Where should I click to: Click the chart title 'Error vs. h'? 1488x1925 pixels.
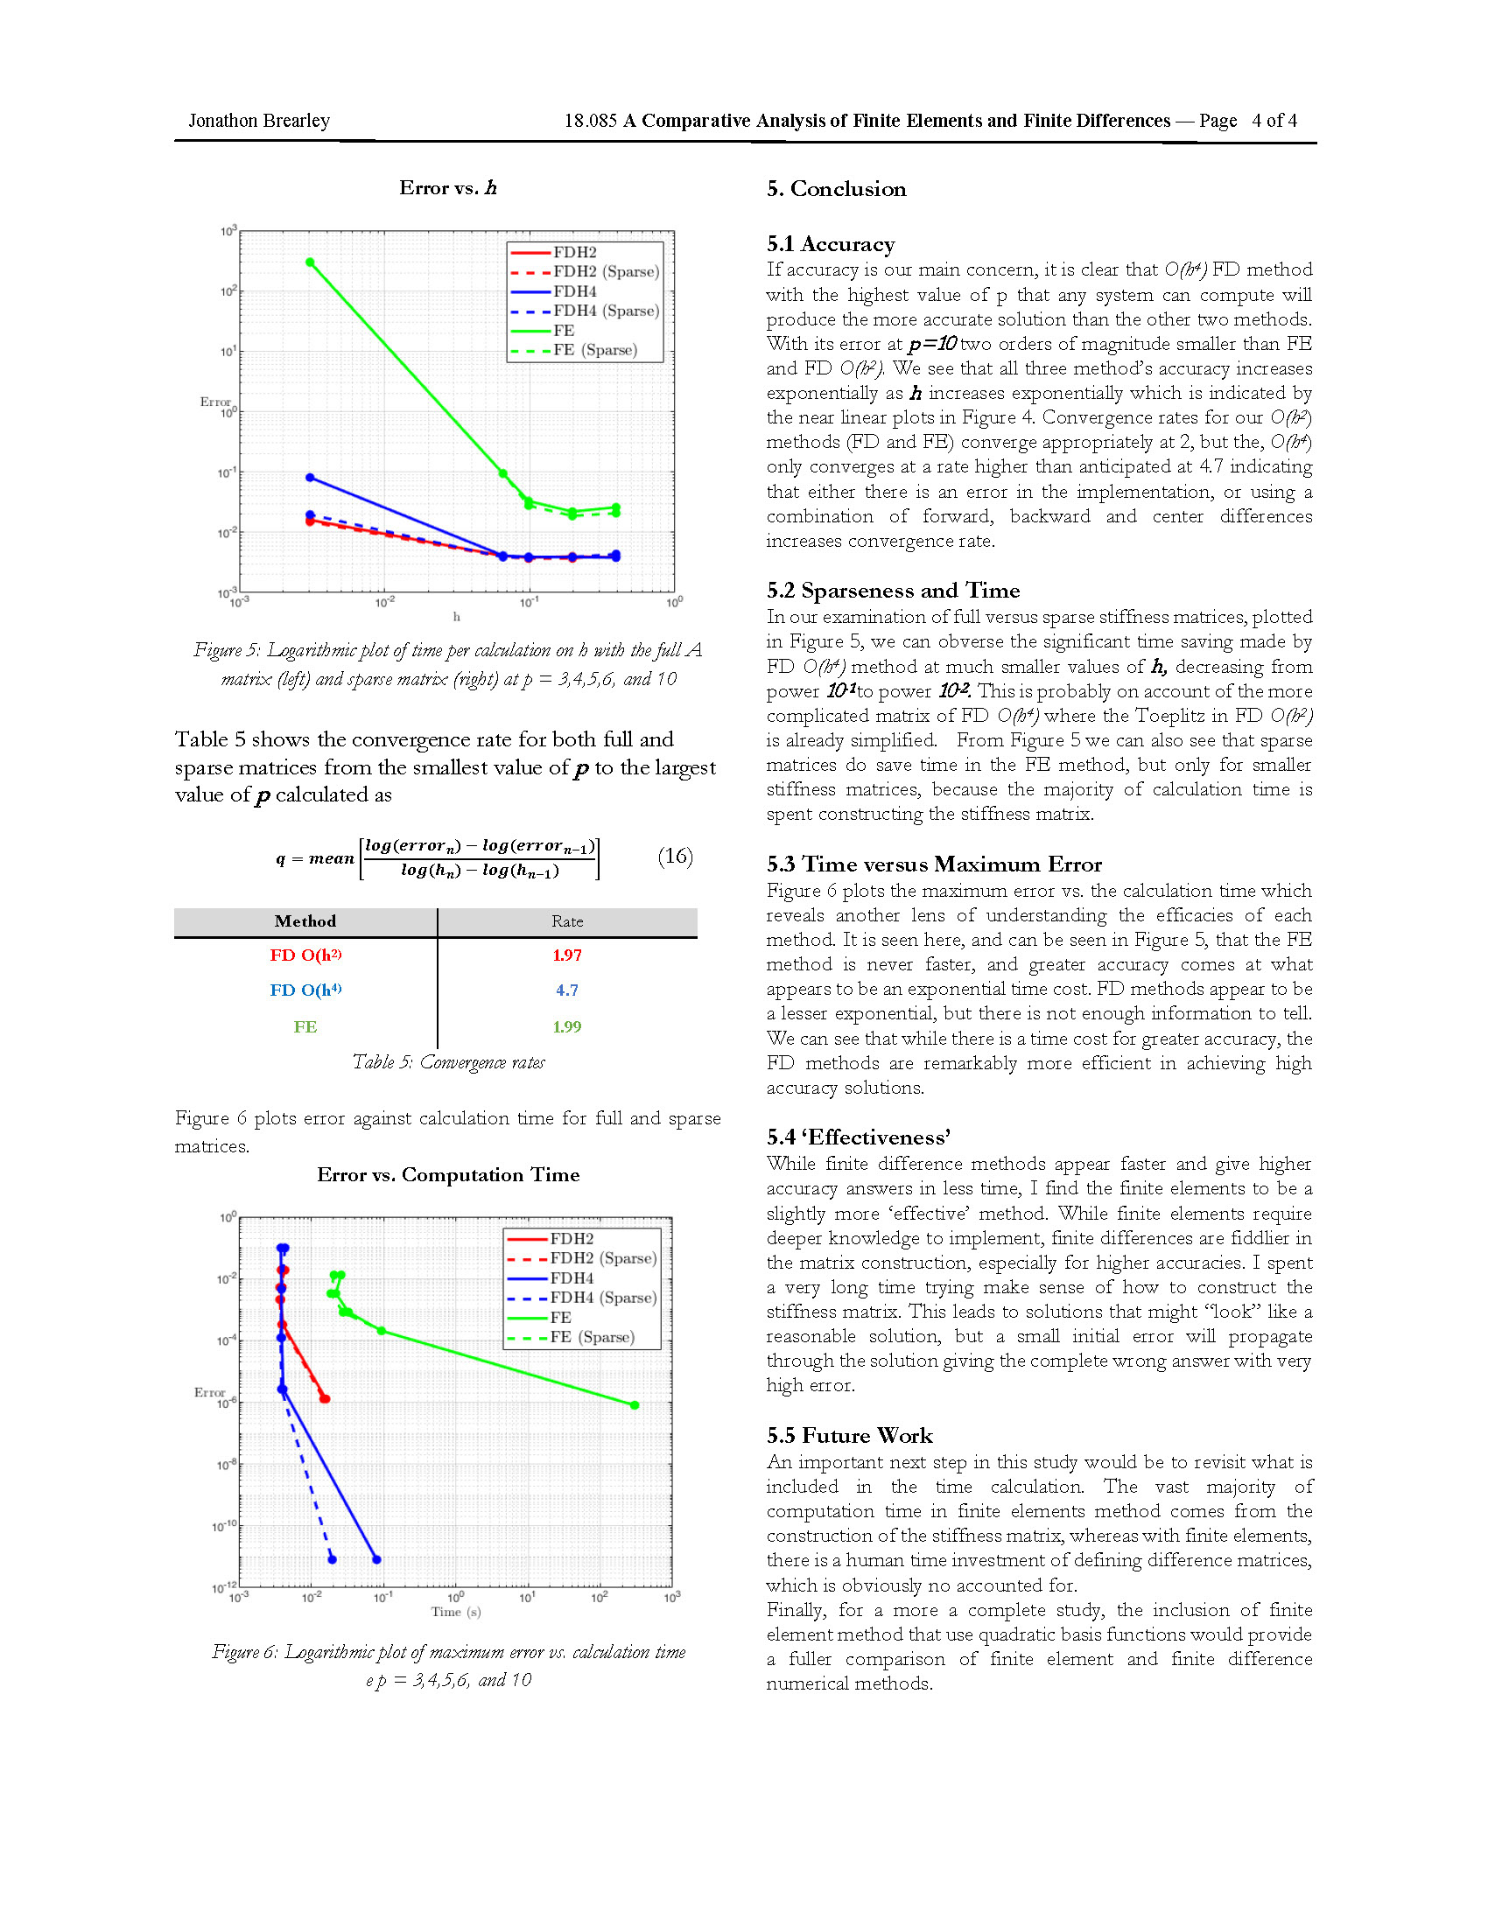[448, 188]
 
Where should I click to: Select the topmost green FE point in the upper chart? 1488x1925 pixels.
[309, 262]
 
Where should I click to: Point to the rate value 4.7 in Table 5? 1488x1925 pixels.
[567, 990]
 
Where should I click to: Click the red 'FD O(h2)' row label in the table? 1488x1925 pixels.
[305, 955]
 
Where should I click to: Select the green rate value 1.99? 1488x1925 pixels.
[567, 1026]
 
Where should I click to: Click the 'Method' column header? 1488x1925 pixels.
[305, 921]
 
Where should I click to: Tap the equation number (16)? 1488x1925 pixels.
[675, 856]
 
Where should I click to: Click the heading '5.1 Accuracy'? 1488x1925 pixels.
[831, 244]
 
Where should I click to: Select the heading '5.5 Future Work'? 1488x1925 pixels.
[849, 1436]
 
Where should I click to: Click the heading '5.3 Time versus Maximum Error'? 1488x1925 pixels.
[934, 864]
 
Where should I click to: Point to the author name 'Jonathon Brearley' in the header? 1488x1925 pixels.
[259, 121]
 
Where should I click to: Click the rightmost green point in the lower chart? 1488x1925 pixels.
[635, 1405]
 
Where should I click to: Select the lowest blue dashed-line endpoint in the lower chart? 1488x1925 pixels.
[333, 1559]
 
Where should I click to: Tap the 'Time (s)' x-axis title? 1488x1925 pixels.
[456, 1611]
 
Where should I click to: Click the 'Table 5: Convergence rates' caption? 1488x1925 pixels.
[448, 1062]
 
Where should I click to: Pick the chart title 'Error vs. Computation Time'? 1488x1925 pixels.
[448, 1175]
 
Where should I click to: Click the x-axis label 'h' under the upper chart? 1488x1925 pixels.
[457, 617]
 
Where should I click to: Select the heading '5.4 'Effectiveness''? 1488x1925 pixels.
[859, 1137]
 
